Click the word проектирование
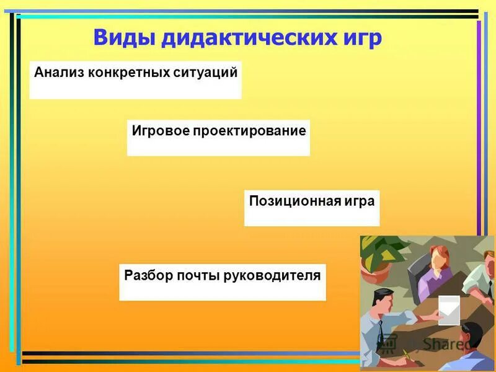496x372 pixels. (249, 131)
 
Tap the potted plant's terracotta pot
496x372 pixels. (377, 273)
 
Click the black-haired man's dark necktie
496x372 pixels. (379, 335)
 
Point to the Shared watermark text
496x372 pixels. (446, 343)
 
